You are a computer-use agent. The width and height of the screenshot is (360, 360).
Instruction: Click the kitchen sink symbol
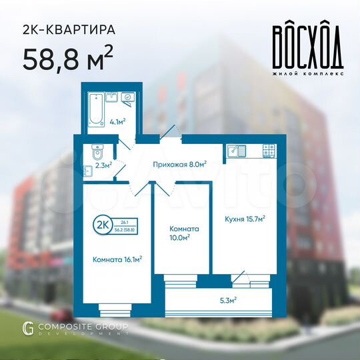(234, 150)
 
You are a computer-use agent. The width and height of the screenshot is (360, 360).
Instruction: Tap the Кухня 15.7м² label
(245, 219)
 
